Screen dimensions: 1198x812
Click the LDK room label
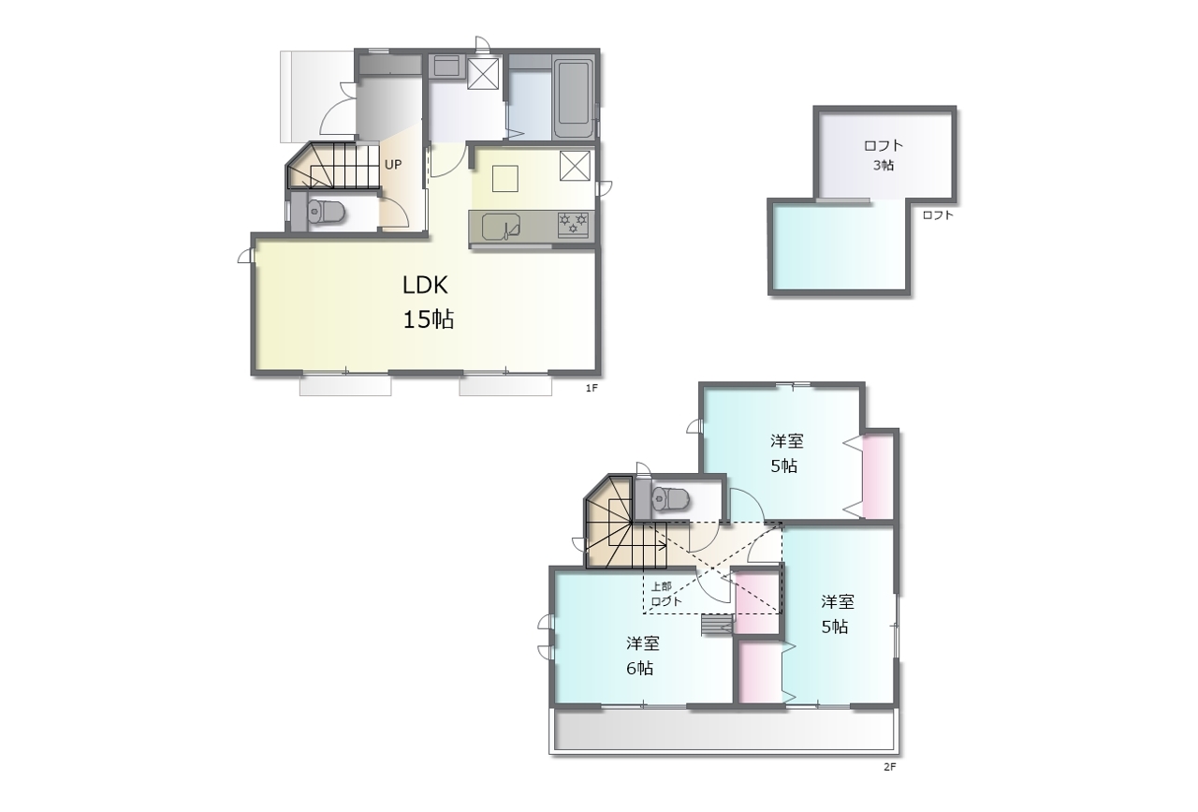425,286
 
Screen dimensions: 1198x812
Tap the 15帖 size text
429,319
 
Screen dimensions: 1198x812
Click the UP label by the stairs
393,164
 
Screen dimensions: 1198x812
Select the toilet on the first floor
325,212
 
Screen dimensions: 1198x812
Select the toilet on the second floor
669,499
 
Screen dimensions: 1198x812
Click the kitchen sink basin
501,227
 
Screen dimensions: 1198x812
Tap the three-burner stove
574,224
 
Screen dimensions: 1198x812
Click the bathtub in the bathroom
574,98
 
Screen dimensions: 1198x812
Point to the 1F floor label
592,389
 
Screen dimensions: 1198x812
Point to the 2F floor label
890,767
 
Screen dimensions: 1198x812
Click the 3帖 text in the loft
884,166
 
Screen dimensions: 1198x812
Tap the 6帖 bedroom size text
639,669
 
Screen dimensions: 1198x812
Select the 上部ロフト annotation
665,594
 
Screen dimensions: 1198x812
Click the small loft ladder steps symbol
717,625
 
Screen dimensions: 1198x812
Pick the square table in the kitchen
504,178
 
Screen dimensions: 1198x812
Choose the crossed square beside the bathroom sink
483,74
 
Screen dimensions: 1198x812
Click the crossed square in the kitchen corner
575,166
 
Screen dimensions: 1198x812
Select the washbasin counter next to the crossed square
446,66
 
